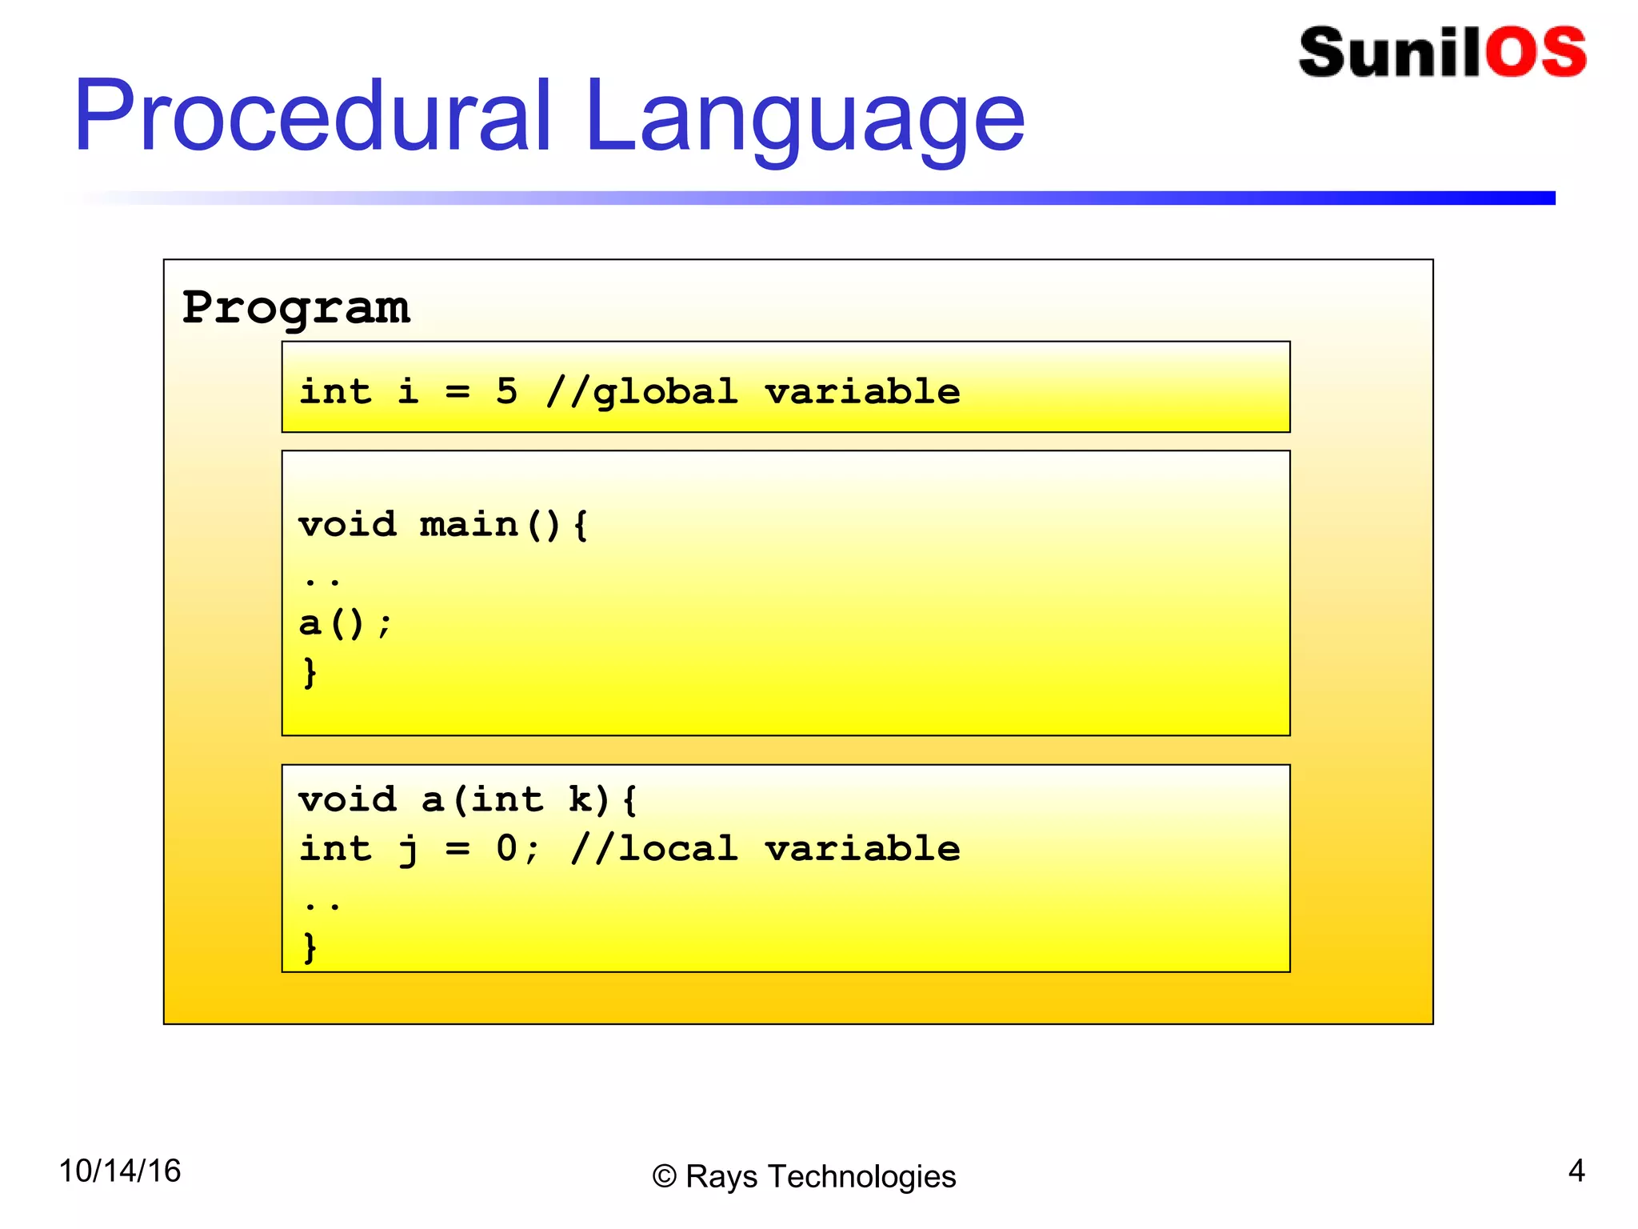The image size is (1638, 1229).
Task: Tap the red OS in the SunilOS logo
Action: point(1536,53)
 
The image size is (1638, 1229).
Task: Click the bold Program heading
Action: point(296,308)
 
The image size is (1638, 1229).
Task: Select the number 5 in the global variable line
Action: point(506,392)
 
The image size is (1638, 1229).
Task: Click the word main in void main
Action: point(469,526)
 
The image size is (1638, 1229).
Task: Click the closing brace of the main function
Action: point(310,672)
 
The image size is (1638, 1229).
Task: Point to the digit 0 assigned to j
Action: point(506,848)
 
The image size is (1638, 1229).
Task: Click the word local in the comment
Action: point(677,848)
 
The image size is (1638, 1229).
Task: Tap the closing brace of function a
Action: point(310,947)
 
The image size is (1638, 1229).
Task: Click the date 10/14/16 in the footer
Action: point(120,1171)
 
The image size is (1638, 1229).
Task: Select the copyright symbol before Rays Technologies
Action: point(665,1177)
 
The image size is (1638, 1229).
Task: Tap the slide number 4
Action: point(1576,1171)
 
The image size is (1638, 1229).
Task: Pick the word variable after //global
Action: point(861,392)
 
